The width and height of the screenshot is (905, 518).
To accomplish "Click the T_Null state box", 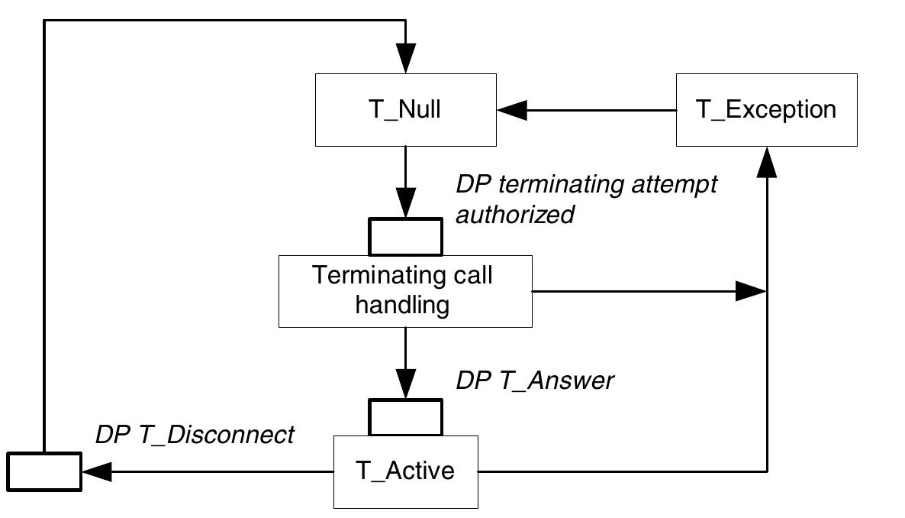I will tap(405, 110).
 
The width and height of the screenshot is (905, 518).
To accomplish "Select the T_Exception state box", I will tap(766, 110).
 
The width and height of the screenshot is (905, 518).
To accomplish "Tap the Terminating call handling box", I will tap(404, 291).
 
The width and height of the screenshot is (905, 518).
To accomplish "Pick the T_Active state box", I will tap(405, 471).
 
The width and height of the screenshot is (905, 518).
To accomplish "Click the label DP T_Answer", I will tap(534, 381).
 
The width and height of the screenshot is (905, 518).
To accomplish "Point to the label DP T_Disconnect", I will tap(194, 435).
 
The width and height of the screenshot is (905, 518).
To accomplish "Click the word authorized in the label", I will tap(514, 215).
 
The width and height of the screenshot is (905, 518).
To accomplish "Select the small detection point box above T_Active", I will tap(405, 417).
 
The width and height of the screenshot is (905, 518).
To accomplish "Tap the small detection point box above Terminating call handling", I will tap(405, 236).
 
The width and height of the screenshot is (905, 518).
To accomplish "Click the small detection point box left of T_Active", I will tap(44, 471).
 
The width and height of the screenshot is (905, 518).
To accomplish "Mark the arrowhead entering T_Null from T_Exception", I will tap(511, 110).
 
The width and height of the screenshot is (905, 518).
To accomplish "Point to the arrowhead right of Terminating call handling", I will tap(749, 291).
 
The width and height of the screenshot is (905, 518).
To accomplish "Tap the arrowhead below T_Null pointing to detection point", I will tap(405, 204).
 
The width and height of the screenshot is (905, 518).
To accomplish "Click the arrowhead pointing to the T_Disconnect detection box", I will tap(97, 471).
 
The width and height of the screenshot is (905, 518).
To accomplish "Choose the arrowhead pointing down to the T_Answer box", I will tap(405, 384).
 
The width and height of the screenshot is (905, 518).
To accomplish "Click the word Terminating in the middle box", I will tap(367, 275).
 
